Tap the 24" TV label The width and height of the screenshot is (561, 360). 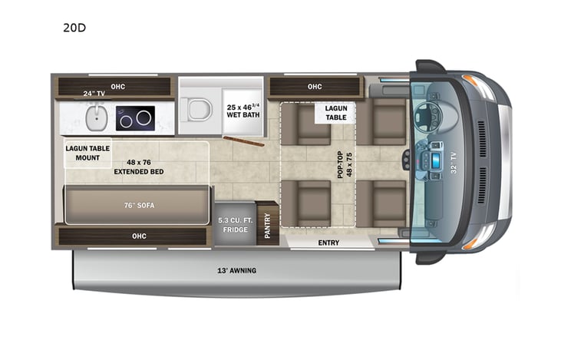coord(94,94)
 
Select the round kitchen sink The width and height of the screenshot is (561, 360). coord(96,118)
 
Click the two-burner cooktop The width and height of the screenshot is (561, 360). coord(135,118)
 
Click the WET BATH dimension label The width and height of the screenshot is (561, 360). coord(243,111)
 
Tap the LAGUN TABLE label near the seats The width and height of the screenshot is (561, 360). coord(335,114)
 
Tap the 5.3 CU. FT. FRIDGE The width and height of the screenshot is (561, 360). coord(234,223)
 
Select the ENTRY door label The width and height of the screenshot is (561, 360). coord(328,243)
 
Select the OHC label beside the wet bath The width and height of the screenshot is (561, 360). coord(315,87)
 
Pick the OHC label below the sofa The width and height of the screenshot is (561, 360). coord(138,236)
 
